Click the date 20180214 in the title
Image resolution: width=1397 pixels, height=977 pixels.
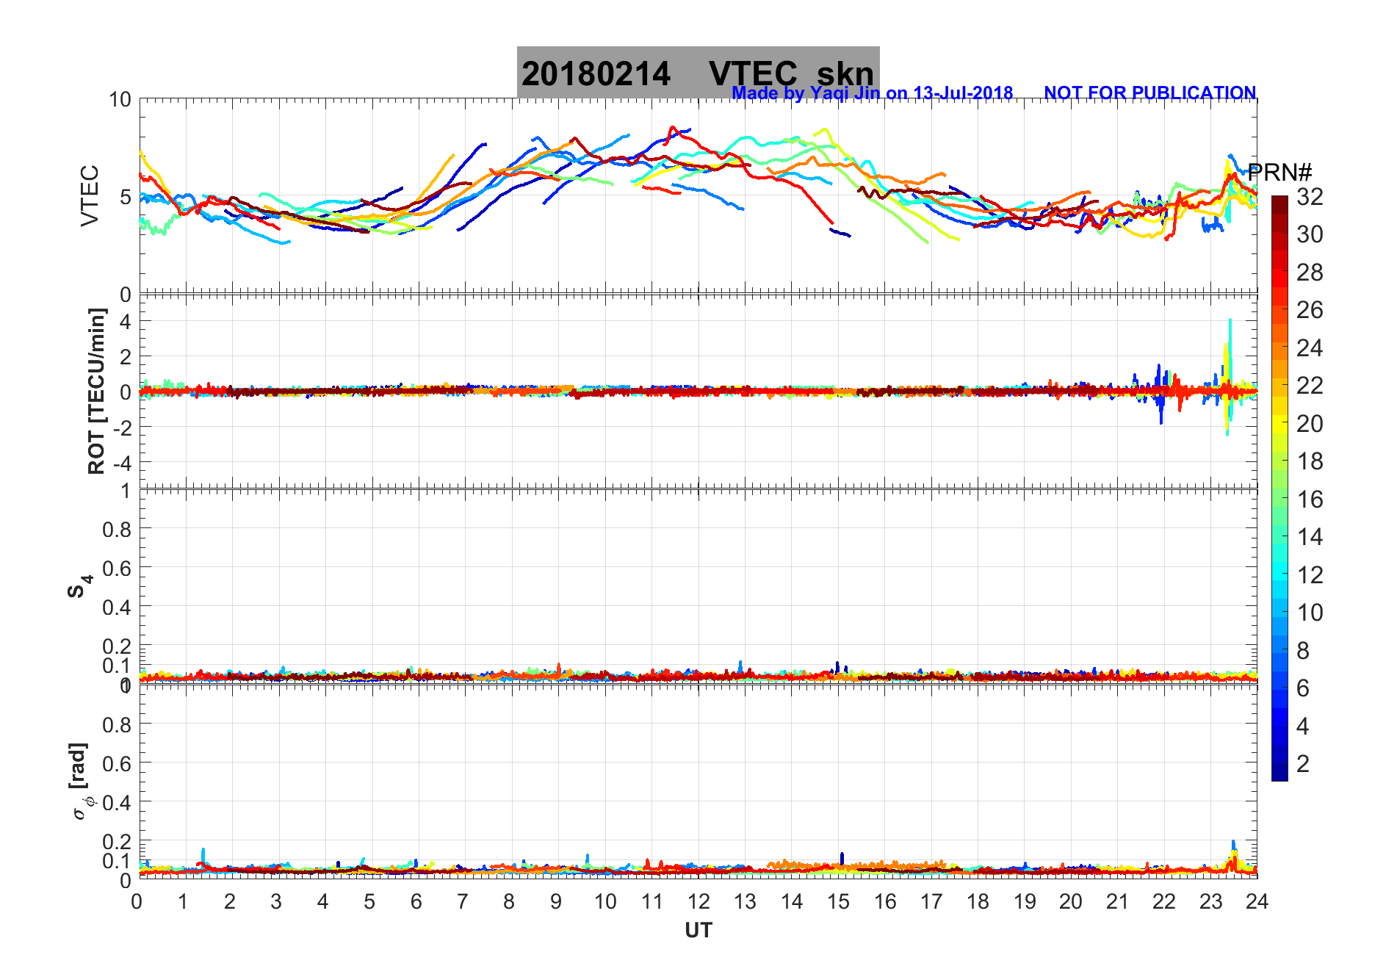pos(596,73)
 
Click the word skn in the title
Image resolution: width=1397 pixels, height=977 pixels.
pos(845,73)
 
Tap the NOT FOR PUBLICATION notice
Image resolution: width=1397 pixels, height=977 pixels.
pos(1149,93)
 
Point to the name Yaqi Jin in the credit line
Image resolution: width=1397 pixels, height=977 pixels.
pos(844,93)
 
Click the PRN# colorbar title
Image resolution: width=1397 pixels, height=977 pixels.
pos(1279,173)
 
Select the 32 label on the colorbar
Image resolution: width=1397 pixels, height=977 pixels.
pos(1310,196)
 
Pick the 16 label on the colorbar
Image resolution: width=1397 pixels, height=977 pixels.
pos(1310,500)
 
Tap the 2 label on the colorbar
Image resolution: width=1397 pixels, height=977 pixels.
pos(1303,764)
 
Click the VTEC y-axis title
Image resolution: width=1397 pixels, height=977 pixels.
pos(90,195)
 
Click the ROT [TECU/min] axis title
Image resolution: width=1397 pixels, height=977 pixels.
pos(97,391)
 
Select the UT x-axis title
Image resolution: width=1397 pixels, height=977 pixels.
pos(698,931)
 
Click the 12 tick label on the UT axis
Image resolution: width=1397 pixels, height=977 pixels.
pos(698,901)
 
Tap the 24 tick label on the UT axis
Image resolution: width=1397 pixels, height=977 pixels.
pos(1256,901)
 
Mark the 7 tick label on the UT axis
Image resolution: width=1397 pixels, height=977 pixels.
pos(463,901)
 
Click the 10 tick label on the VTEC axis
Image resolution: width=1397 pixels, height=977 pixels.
pos(120,100)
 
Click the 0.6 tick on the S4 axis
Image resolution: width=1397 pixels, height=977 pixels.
pos(116,568)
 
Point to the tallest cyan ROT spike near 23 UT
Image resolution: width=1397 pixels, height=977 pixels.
pos(1230,322)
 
